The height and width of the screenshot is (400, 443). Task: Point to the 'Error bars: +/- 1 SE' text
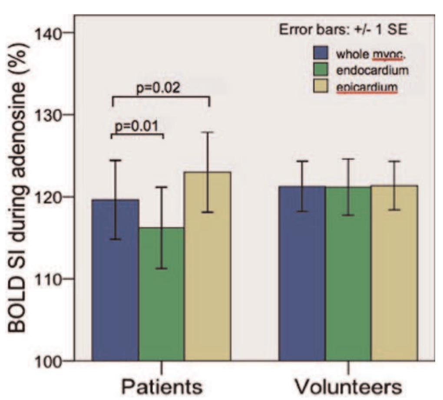coord(346,31)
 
